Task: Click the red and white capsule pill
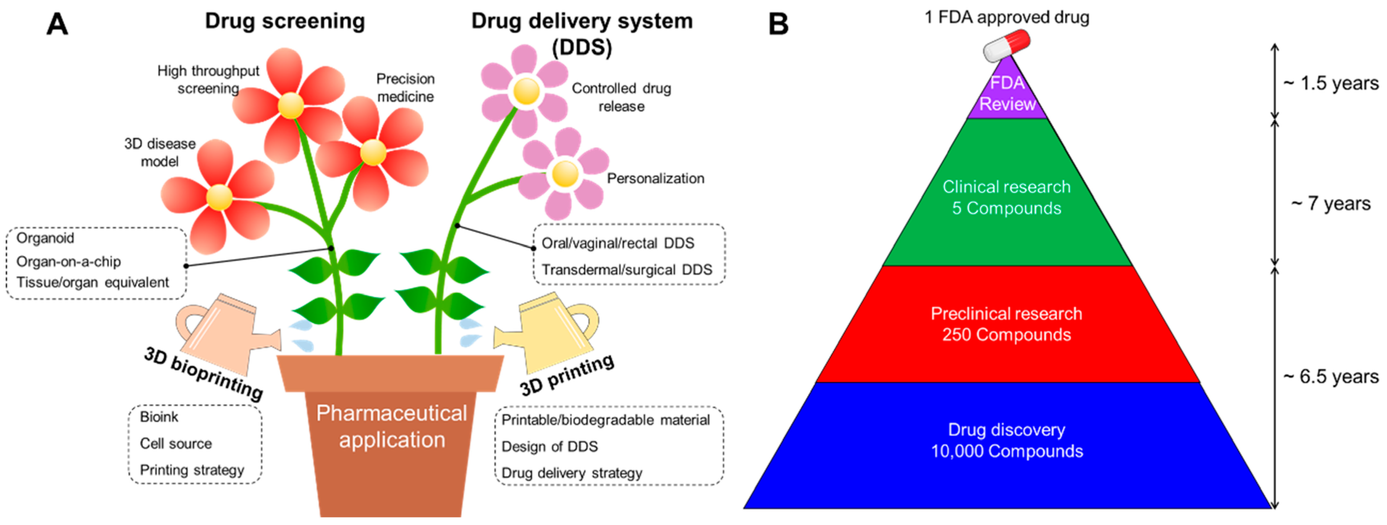tap(1006, 46)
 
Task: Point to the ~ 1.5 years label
tap(1331, 83)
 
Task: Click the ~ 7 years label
tap(1331, 204)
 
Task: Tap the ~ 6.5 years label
tap(1331, 377)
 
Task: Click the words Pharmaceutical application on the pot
tap(391, 427)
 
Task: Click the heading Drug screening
tap(285, 21)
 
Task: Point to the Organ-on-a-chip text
tap(68, 262)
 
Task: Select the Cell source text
tap(176, 444)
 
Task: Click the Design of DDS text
tap(550, 446)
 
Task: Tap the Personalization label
tap(655, 179)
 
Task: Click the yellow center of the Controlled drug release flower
tap(526, 91)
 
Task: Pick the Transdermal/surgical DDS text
tap(627, 270)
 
